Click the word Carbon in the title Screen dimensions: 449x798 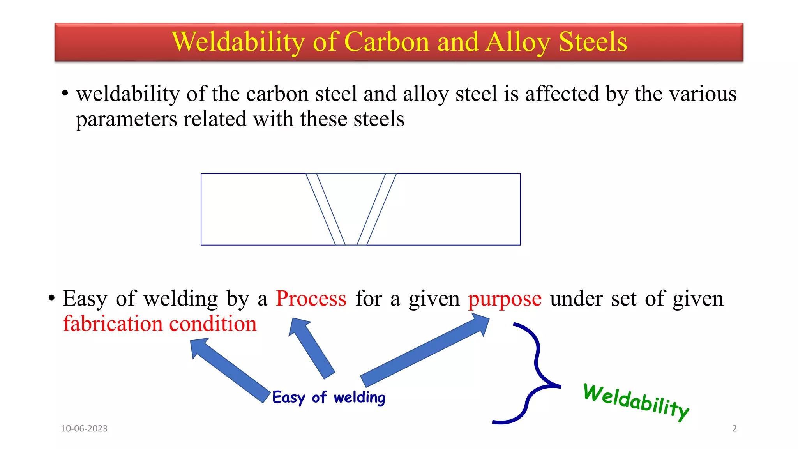point(387,42)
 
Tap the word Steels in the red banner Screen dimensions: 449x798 point(593,42)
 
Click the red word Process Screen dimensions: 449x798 point(311,299)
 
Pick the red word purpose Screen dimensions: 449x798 point(505,299)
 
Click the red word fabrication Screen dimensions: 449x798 point(113,323)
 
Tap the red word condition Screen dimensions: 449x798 point(213,323)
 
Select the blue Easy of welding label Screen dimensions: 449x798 point(328,398)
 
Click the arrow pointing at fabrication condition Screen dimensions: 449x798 point(230,370)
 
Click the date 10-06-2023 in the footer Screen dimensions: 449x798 point(84,428)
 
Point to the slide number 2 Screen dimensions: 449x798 point(734,428)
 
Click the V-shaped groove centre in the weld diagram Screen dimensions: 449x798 point(351,207)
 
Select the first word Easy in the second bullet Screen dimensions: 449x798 point(85,299)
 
